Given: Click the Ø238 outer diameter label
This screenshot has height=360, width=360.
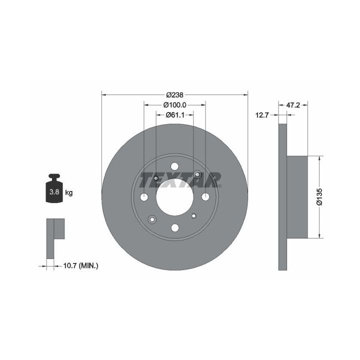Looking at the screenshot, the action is [174, 94].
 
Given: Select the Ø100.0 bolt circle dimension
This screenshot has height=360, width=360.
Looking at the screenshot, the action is [174, 105].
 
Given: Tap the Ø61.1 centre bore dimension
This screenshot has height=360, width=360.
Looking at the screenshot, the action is [175, 115].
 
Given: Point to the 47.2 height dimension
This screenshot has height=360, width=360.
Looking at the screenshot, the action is [293, 105].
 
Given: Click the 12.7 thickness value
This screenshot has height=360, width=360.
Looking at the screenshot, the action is [262, 115].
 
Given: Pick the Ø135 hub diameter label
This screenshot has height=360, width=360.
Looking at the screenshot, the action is [319, 197].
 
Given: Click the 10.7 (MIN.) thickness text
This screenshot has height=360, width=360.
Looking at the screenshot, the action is [80, 266].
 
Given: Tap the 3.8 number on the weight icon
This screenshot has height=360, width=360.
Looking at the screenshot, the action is [54, 191].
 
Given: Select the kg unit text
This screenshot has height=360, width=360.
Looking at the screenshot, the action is [69, 192].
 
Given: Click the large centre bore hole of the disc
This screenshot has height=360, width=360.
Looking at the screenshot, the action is [174, 197].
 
